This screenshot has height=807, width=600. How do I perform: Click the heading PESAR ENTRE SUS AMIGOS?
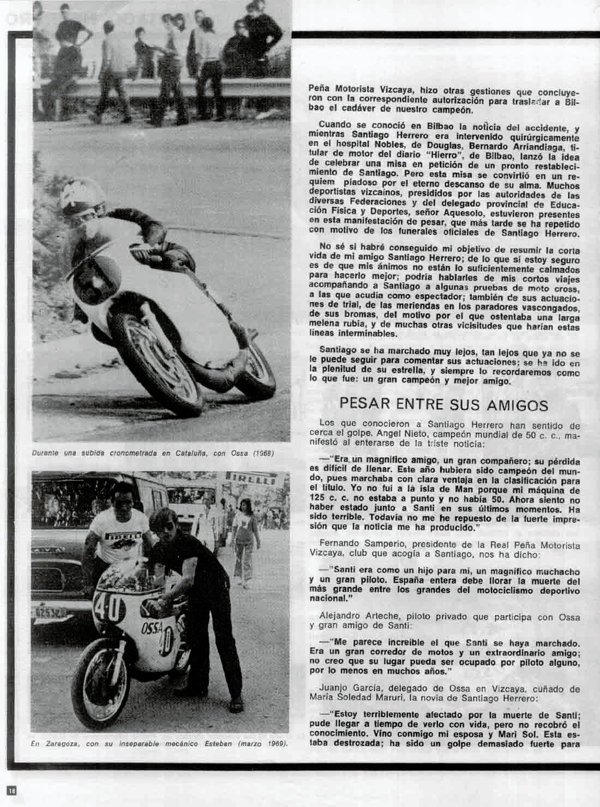point(443,405)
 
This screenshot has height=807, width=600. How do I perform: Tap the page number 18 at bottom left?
point(12,790)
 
